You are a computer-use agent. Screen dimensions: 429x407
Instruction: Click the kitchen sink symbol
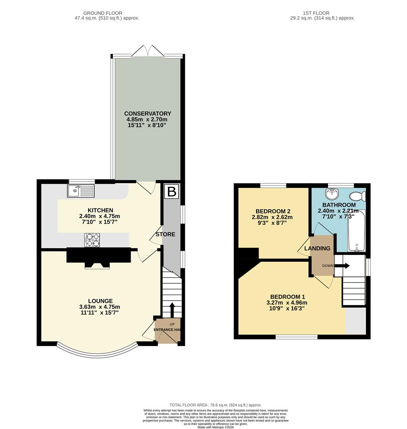tap(81, 191)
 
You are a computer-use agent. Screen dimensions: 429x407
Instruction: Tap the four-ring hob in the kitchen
tap(92, 240)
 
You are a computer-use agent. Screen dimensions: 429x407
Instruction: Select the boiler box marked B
tap(172, 191)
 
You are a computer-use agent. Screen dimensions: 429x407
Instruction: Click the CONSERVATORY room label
tap(147, 114)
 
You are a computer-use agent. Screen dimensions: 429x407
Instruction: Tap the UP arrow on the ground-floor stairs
tap(172, 310)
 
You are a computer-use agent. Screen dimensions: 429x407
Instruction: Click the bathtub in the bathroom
tap(357, 232)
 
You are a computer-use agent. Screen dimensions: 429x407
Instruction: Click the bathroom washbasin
tap(331, 194)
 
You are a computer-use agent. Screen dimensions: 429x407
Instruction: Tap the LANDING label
tap(317, 249)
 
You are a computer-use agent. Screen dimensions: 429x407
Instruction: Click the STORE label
tap(165, 234)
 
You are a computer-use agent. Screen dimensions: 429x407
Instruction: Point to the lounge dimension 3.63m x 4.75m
tap(99, 307)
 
